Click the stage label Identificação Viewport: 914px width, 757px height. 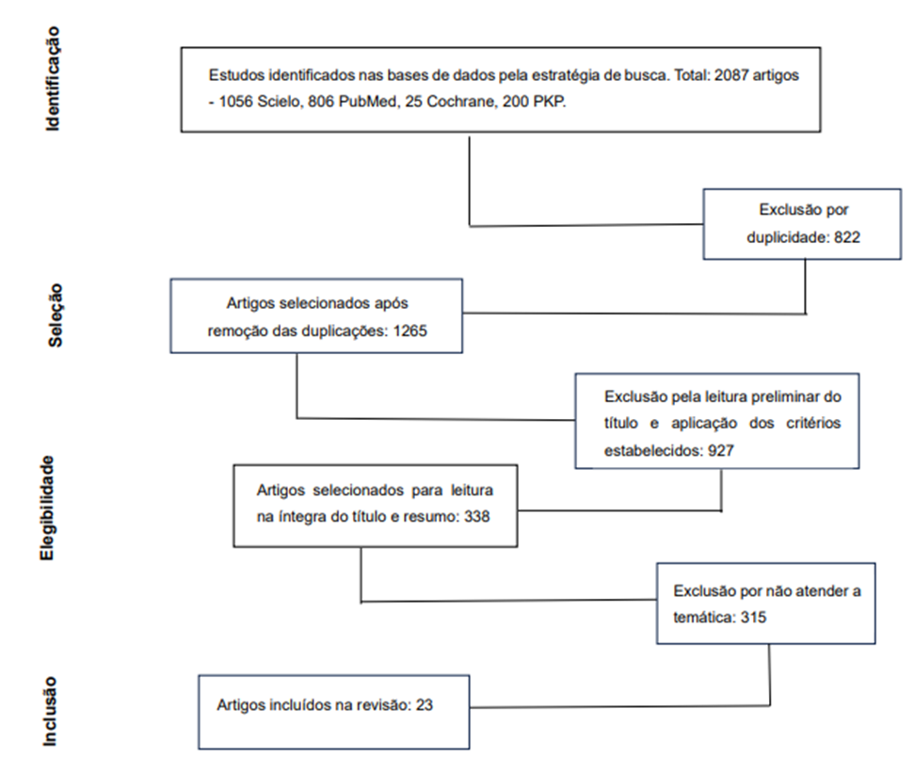(53, 79)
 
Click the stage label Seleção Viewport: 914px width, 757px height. (55, 315)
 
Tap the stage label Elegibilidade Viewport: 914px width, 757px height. (47, 508)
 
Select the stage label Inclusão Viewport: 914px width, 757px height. (50, 712)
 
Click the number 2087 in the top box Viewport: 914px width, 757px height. (731, 75)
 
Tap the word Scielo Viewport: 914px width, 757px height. (278, 102)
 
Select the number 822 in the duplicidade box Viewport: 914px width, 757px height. (847, 237)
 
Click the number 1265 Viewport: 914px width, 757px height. (409, 330)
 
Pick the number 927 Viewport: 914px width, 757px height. (720, 450)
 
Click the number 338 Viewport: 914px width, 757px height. (477, 516)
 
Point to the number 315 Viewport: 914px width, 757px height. (753, 617)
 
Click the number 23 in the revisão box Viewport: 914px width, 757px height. (425, 705)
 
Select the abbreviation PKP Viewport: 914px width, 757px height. (549, 102)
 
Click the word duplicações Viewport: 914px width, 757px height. (343, 331)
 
